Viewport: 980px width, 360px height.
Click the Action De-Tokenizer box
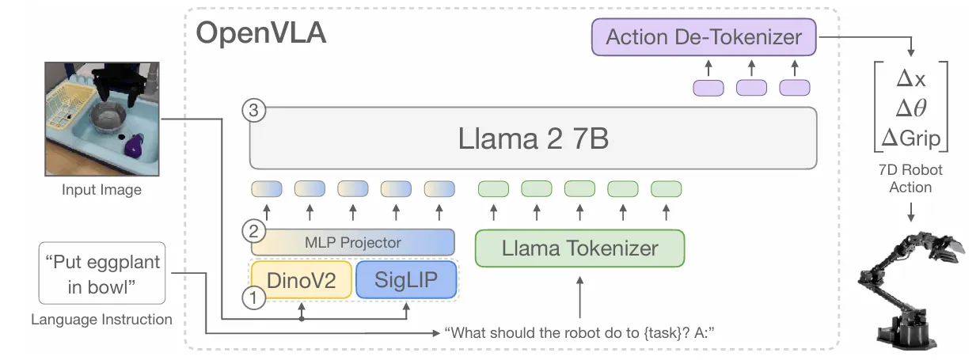(704, 37)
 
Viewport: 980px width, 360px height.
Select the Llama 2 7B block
(533, 138)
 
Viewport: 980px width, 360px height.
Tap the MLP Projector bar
(352, 242)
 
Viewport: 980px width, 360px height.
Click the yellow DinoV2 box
(302, 280)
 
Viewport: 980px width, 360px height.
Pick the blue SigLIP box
(406, 280)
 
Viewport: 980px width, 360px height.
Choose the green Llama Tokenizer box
(579, 248)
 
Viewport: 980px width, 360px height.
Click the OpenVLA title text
(261, 32)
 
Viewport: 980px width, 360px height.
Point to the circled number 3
(254, 110)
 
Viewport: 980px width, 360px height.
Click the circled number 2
(254, 231)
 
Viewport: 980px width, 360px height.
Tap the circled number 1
(254, 297)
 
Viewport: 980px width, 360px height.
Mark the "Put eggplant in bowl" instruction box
(102, 274)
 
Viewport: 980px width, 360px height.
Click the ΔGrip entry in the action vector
(911, 138)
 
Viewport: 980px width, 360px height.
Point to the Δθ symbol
(911, 108)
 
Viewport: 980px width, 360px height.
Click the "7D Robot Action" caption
(910, 179)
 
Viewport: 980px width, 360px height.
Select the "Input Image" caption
(101, 190)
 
